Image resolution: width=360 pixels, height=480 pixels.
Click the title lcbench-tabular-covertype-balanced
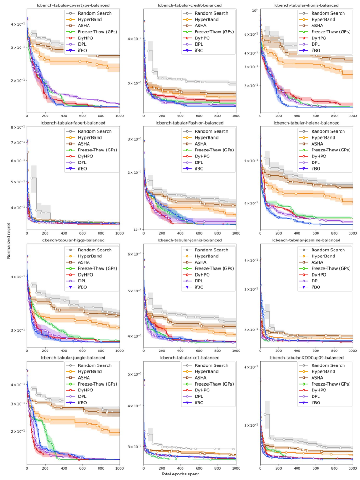pos(73,5)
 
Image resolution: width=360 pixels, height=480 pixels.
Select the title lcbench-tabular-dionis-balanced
pos(306,5)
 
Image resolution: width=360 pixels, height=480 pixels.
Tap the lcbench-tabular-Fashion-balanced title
pos(190,123)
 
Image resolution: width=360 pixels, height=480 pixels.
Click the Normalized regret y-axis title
pos(9,240)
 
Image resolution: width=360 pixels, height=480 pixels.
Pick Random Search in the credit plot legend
pos(210,13)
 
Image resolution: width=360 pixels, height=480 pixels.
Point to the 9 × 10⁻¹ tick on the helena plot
pos(251,160)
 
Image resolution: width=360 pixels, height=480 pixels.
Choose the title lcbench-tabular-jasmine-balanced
pos(306,240)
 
